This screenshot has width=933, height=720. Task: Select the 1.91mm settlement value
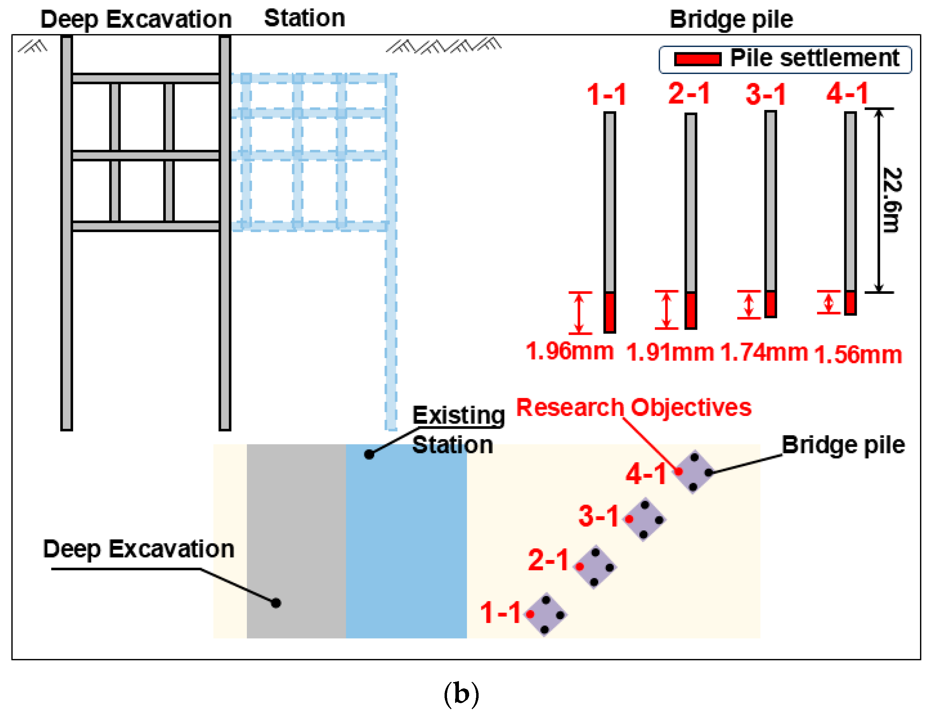[x=669, y=353]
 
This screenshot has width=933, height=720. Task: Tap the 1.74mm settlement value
[x=763, y=353]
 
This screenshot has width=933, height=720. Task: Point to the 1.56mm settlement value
[x=858, y=355]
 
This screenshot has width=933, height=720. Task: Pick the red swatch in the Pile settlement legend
[x=698, y=59]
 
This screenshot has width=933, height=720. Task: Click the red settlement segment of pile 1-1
[x=610, y=312]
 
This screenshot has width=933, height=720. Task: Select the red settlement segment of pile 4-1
[x=850, y=303]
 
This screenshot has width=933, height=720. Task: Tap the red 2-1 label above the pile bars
[x=689, y=93]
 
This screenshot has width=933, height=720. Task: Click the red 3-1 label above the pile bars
[x=766, y=94]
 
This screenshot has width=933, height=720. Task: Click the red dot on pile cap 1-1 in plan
[x=530, y=614]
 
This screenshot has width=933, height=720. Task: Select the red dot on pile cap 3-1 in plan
[x=629, y=519]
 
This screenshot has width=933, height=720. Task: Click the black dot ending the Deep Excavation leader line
[x=276, y=603]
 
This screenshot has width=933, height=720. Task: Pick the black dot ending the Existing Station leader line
[x=369, y=454]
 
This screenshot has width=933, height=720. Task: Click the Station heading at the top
[x=304, y=18]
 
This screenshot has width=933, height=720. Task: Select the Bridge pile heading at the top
[x=731, y=20]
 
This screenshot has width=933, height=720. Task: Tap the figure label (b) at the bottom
[x=461, y=694]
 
